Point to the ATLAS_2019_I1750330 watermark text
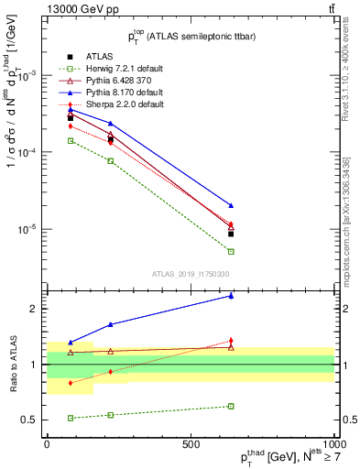click(x=190, y=274)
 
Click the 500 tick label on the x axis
click(x=191, y=444)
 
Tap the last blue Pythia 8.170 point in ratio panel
click(x=231, y=296)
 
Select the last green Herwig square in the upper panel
click(x=231, y=251)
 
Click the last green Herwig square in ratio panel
click(x=231, y=406)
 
